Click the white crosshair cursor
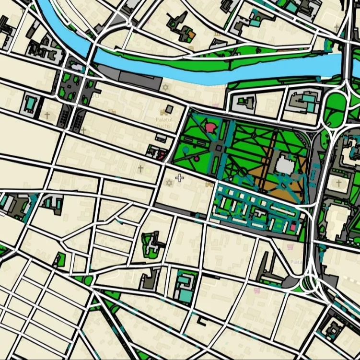(179, 178)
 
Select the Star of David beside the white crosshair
(168, 183)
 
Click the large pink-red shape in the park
(211, 128)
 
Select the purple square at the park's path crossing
(218, 148)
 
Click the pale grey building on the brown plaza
(284, 166)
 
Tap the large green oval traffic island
(336, 103)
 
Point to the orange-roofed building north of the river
(191, 35)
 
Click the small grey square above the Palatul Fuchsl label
(169, 109)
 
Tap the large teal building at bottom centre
(185, 288)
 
